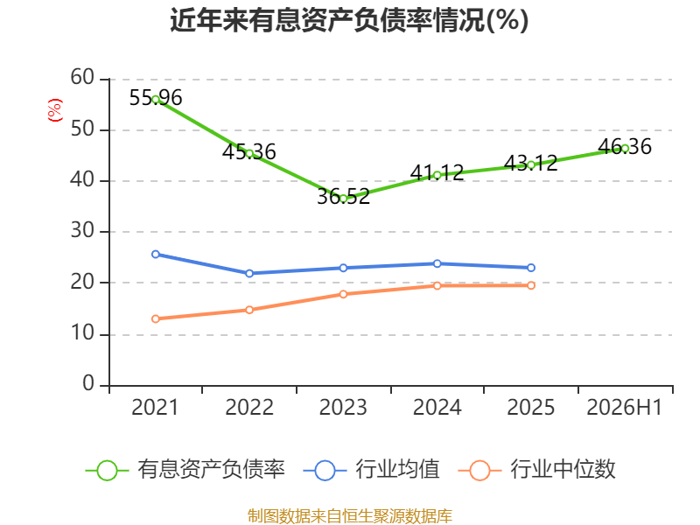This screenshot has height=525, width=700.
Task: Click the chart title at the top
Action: click(x=349, y=20)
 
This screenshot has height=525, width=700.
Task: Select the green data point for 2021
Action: click(x=156, y=100)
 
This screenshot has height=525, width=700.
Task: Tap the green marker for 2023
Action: click(x=343, y=199)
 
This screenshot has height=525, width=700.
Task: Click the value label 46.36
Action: click(x=625, y=146)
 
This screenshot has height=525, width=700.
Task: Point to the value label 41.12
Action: click(x=437, y=172)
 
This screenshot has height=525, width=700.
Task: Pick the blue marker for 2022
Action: click(x=249, y=273)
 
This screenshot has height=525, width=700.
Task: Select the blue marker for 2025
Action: click(x=531, y=268)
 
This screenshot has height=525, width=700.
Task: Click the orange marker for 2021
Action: click(x=156, y=318)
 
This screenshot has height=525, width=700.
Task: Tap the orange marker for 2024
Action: click(x=437, y=286)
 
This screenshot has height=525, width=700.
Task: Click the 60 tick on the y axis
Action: click(x=82, y=78)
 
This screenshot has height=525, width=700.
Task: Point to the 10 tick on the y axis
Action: click(x=82, y=333)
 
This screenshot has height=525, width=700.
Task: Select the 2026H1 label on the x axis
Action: click(x=625, y=408)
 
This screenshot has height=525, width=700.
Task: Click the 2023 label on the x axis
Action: click(x=343, y=408)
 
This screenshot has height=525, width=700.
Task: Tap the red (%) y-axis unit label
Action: click(x=55, y=110)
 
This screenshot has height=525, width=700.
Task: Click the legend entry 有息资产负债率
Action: click(x=185, y=470)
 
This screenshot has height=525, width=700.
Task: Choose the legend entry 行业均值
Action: click(x=371, y=470)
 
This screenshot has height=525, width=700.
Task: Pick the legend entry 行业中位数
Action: click(x=537, y=470)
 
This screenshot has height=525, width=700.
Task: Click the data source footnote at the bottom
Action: click(x=350, y=516)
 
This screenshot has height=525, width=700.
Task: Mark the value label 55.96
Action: click(x=156, y=98)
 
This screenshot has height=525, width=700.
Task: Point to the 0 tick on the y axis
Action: click(x=88, y=384)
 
